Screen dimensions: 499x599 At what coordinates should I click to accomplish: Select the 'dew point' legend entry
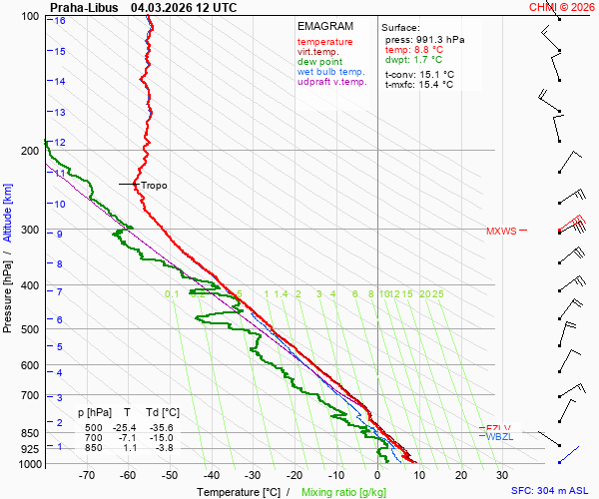(319, 62)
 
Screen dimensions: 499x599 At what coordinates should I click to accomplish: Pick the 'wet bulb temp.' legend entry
(332, 72)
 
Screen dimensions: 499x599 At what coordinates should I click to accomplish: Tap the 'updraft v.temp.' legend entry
(332, 82)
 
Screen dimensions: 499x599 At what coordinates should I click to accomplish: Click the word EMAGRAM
(324, 26)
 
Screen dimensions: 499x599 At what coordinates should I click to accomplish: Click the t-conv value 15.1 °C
(434, 74)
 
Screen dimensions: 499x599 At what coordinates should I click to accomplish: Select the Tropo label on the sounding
(154, 186)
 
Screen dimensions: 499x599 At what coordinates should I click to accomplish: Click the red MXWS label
(501, 232)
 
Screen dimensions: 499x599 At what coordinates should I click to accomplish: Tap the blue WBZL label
(498, 437)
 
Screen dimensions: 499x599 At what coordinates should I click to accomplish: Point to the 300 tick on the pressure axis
(29, 231)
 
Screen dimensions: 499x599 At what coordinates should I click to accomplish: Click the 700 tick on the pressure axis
(29, 396)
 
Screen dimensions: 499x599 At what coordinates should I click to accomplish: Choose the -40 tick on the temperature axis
(211, 475)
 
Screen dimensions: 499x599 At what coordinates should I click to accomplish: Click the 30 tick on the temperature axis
(501, 475)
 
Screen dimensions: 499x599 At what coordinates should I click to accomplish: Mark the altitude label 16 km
(61, 21)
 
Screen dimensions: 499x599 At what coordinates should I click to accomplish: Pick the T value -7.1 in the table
(127, 438)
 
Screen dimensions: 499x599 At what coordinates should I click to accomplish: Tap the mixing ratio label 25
(437, 294)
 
